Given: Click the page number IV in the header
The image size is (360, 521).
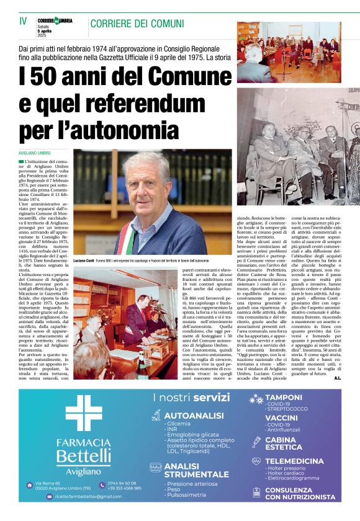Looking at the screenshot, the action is point(24,22).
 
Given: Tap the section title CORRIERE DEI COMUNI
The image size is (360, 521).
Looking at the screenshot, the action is point(137,24).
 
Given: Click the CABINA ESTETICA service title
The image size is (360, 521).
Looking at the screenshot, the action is point(284,443).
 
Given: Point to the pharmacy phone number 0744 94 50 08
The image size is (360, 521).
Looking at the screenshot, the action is point(122,483).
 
